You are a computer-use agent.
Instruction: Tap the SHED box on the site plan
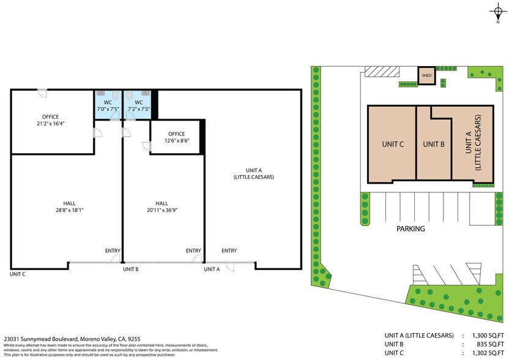[x=426, y=76]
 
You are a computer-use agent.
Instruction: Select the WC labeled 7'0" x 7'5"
[x=108, y=105]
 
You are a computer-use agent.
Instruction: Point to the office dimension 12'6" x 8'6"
[x=176, y=141]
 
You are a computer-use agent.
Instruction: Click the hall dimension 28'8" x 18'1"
[x=69, y=210]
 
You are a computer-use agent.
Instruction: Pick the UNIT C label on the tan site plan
[x=392, y=144]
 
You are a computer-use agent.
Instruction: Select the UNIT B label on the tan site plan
[x=434, y=144]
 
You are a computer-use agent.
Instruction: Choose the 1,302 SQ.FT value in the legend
[x=486, y=353]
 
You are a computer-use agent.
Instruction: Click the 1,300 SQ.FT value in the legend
[x=486, y=335]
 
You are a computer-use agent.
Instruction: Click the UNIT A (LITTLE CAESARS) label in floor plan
[x=253, y=173]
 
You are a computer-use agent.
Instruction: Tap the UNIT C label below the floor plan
[x=18, y=274]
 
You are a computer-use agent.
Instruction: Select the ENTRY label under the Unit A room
[x=229, y=250]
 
